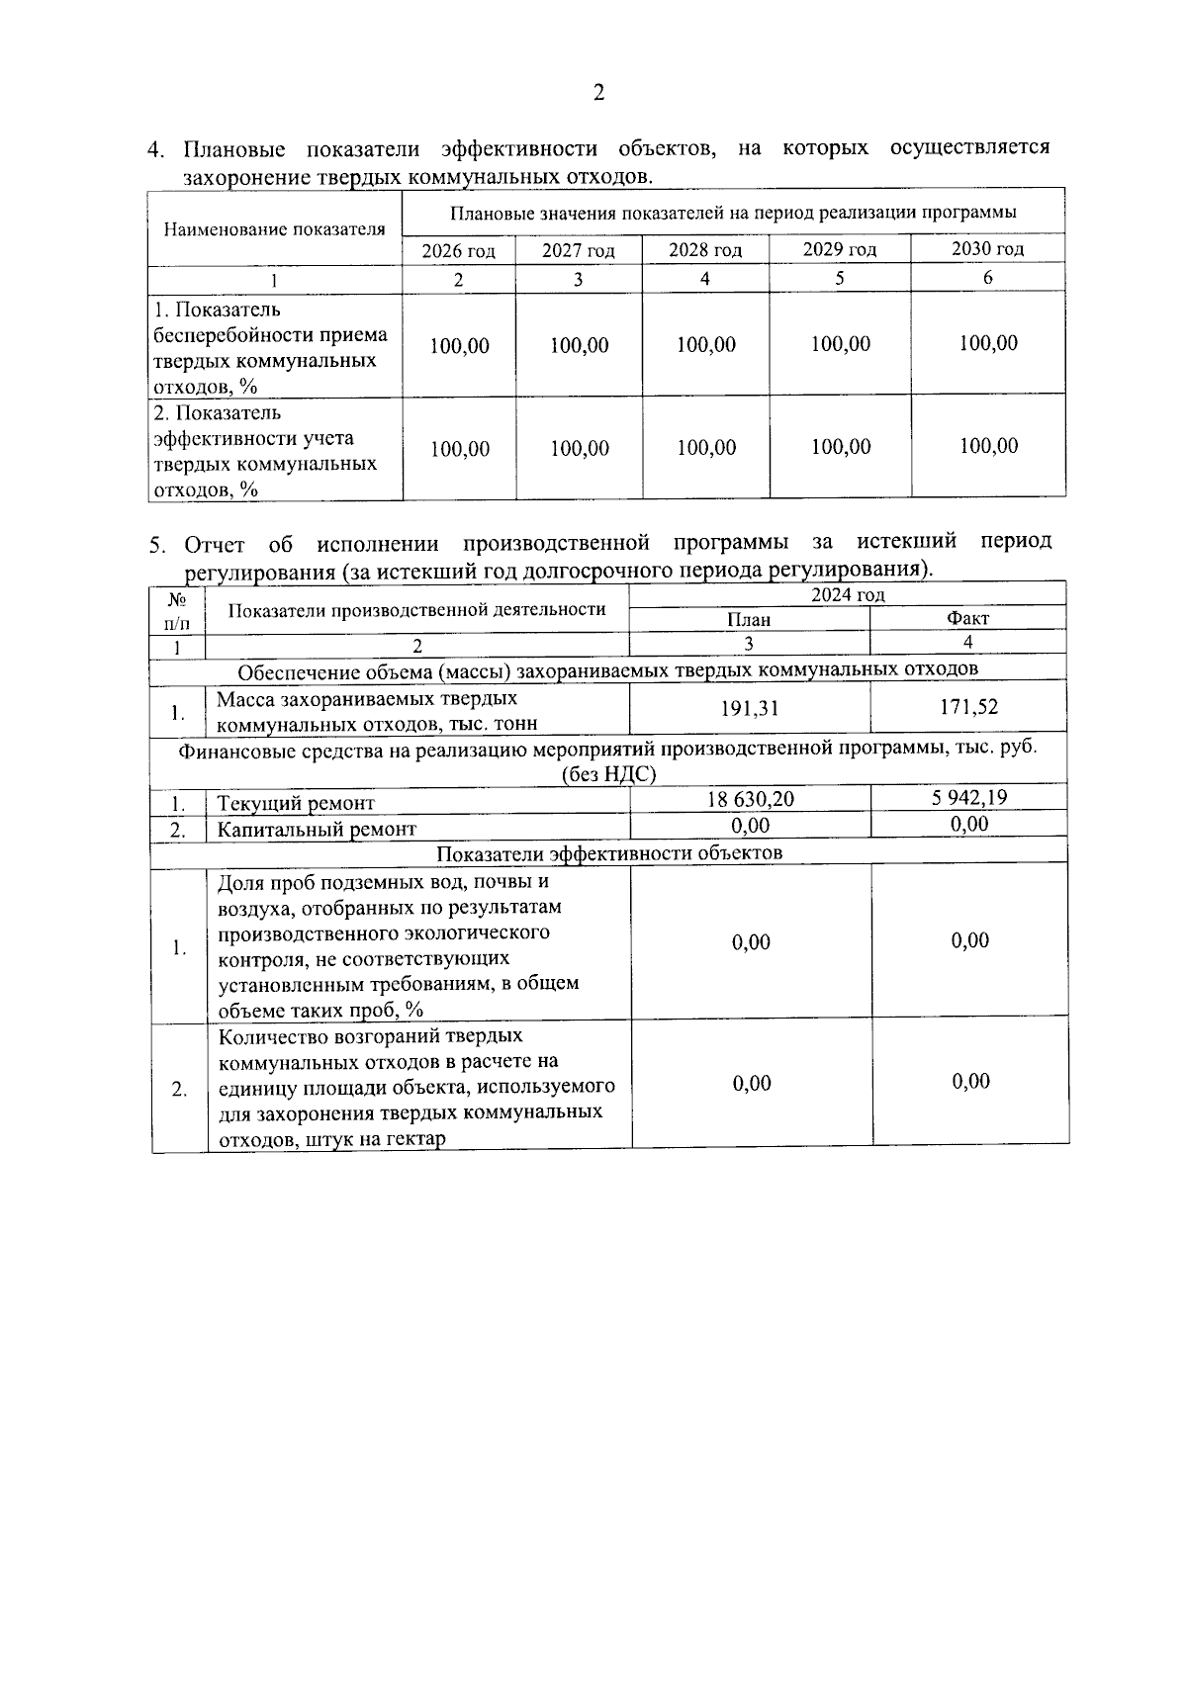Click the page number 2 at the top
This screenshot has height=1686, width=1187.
(597, 94)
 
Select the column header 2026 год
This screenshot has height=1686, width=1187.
(458, 251)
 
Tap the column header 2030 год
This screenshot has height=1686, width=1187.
(987, 249)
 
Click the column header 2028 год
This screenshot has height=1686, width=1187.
(704, 250)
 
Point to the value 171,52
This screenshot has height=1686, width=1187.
(969, 707)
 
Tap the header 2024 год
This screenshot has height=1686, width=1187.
(848, 594)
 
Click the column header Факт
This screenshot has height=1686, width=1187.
(967, 619)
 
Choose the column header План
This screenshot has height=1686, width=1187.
(749, 620)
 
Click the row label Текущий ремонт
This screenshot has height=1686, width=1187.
(296, 803)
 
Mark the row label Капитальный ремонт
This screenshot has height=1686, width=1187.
(317, 829)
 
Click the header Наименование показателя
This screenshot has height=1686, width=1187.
(274, 229)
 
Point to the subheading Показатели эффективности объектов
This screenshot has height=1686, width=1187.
(609, 852)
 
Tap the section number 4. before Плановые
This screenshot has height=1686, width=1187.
(156, 151)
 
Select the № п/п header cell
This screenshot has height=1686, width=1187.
(177, 611)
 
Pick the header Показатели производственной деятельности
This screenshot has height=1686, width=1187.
(416, 610)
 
